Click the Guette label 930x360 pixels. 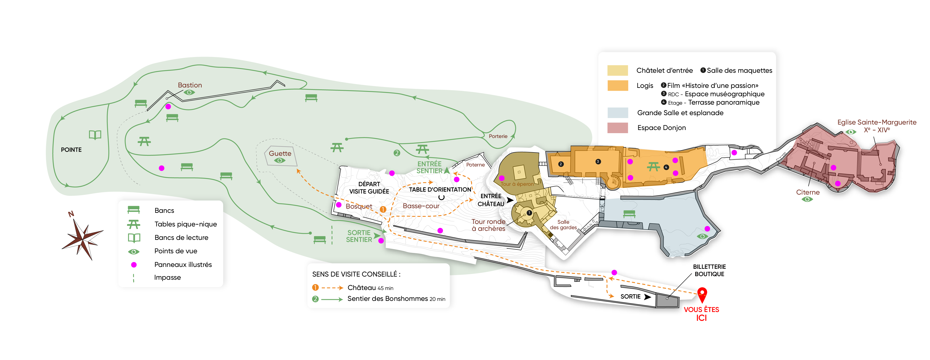tap(280, 153)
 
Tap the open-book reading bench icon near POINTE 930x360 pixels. tap(95, 135)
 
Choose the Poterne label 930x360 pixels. tap(475, 165)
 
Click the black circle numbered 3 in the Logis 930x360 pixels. tap(598, 161)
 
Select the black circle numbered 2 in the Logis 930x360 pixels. tap(561, 164)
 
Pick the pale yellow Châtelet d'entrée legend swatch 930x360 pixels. tap(617, 70)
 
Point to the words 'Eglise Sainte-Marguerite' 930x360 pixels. tap(877, 122)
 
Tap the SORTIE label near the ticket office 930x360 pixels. tap(630, 296)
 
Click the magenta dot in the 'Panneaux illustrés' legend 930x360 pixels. tap(134, 265)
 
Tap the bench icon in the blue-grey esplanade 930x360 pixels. tap(629, 214)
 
